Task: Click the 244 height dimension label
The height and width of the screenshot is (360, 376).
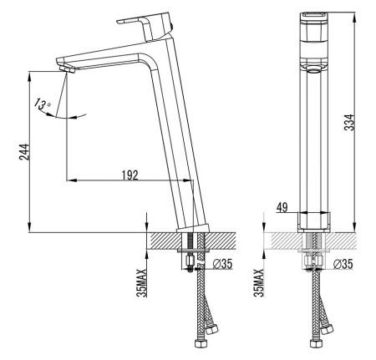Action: [x=24, y=152]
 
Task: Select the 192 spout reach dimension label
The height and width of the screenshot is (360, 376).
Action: [x=130, y=175]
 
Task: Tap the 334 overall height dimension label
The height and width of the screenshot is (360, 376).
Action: [x=349, y=122]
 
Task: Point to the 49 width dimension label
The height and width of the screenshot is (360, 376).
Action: [x=282, y=207]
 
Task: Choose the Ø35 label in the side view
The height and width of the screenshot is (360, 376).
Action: [x=222, y=264]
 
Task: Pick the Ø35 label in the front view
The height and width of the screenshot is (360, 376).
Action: [x=343, y=264]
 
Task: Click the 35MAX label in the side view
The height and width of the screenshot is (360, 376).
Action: [x=142, y=283]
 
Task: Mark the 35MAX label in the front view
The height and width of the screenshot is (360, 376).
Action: [x=259, y=283]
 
